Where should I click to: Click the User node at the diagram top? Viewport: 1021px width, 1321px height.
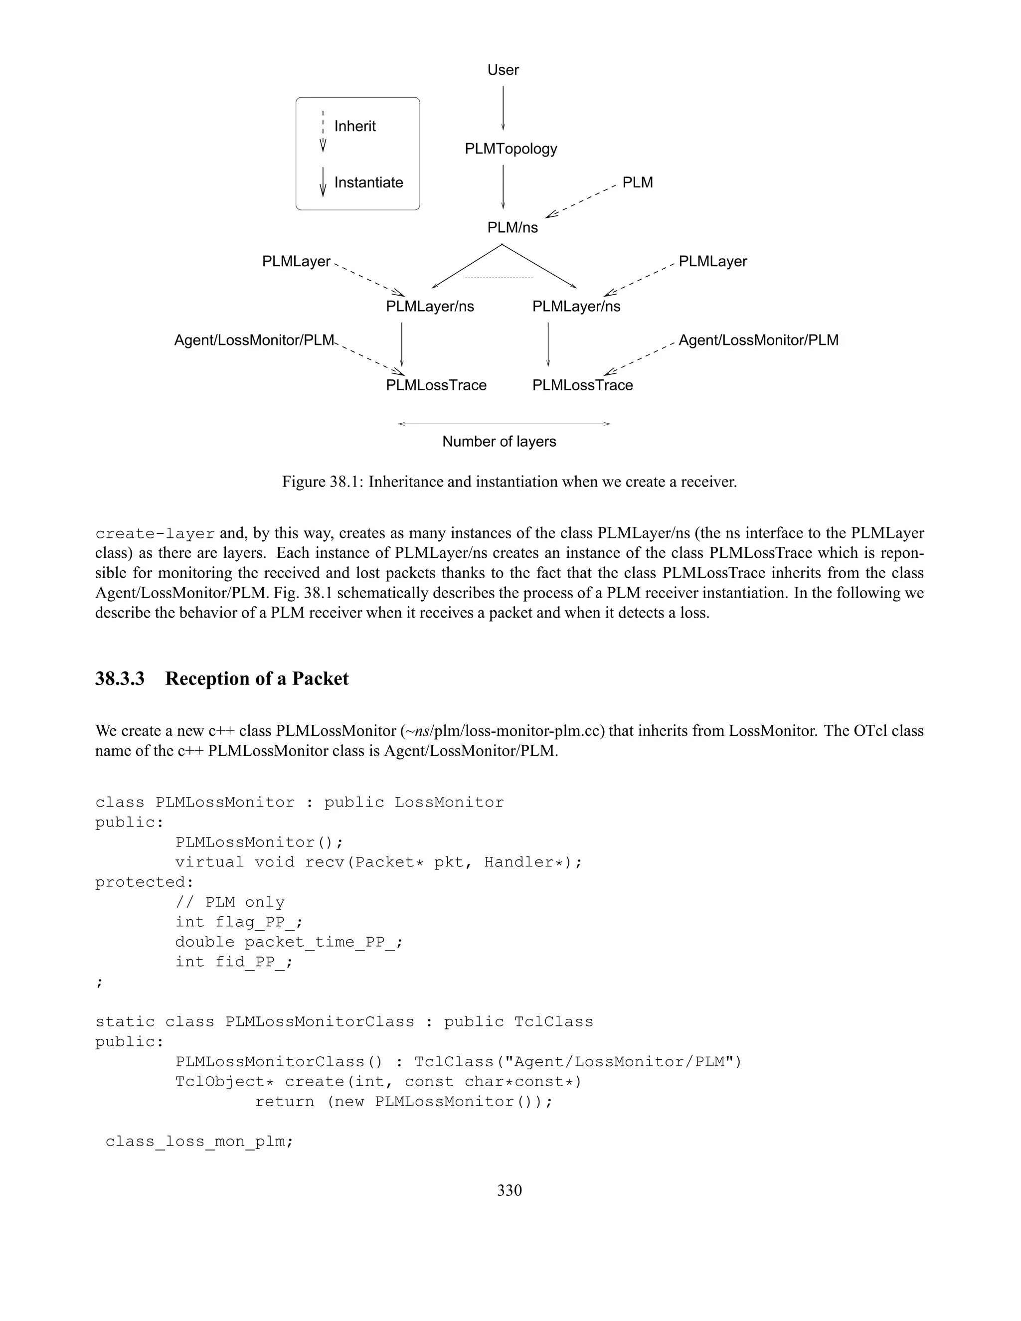click(503, 70)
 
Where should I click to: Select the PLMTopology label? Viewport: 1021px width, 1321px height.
click(510, 149)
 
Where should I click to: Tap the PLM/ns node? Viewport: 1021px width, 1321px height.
click(512, 227)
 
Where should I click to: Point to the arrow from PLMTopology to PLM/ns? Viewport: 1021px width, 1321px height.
click(503, 187)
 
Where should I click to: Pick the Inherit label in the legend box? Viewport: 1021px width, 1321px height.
click(355, 127)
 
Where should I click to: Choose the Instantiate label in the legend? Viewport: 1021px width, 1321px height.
click(368, 182)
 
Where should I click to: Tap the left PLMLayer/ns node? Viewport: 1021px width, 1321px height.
click(430, 307)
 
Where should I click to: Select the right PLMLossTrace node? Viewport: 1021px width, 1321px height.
click(582, 385)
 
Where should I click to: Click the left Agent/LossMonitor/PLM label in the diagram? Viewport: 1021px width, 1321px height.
click(254, 340)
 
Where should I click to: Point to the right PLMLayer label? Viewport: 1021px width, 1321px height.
click(712, 262)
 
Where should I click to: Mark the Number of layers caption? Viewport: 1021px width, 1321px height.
click(499, 442)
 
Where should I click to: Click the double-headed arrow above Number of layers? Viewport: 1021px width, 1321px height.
click(504, 424)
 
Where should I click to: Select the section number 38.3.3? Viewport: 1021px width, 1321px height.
click(120, 678)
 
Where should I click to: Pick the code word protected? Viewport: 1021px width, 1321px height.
click(144, 882)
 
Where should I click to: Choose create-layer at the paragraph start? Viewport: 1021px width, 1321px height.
click(155, 534)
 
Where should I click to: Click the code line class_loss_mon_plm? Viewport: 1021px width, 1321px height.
click(199, 1142)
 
